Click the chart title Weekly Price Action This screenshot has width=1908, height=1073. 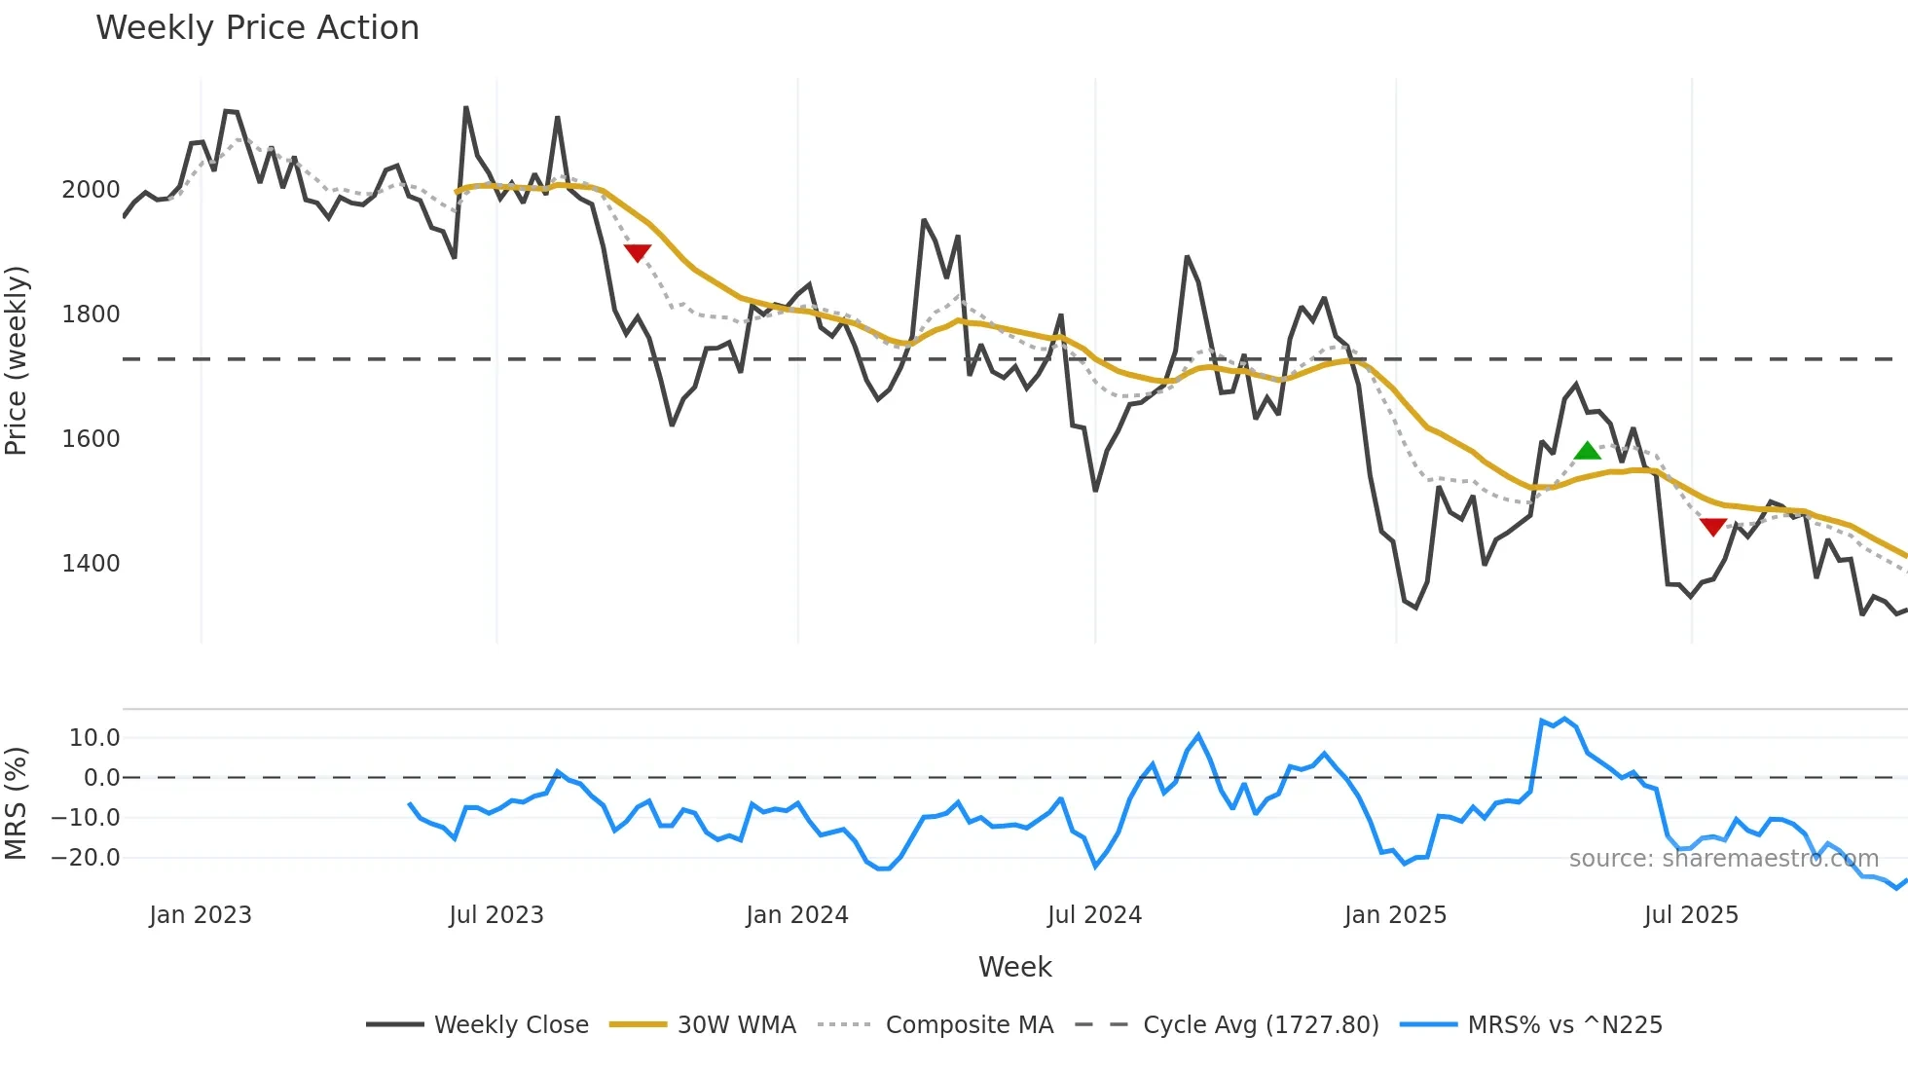(x=257, y=28)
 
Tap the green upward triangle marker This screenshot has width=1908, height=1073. (x=1587, y=451)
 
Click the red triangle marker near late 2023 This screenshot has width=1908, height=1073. (x=638, y=253)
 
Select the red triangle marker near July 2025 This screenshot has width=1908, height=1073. (x=1713, y=527)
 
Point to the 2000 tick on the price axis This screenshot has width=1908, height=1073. (x=91, y=190)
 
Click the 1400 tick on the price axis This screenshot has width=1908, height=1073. (x=91, y=564)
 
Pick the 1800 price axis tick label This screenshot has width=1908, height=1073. (x=91, y=314)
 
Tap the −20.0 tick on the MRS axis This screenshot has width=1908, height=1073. (x=86, y=858)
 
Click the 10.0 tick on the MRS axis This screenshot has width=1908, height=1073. (x=93, y=738)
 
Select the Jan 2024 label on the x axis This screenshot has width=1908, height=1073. (x=797, y=915)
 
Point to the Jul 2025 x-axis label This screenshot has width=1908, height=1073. (x=1691, y=915)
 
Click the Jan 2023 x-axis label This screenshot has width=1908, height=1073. (x=201, y=915)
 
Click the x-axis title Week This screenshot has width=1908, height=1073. (x=1014, y=967)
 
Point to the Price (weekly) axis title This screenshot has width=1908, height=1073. (x=17, y=360)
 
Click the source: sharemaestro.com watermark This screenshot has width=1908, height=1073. (x=1723, y=859)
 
